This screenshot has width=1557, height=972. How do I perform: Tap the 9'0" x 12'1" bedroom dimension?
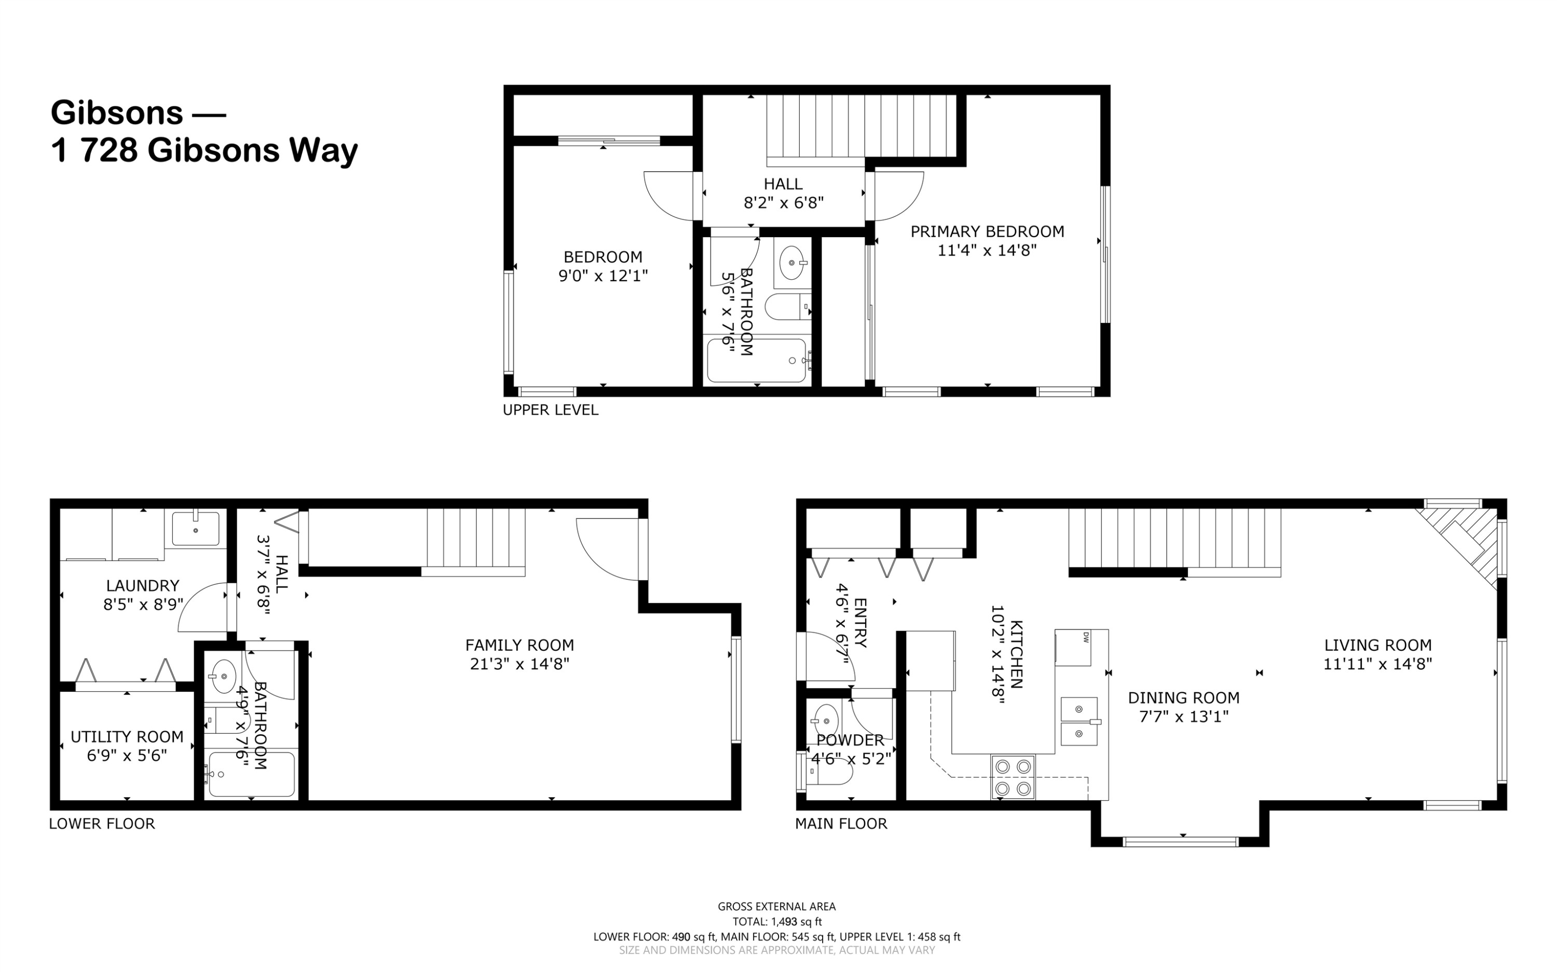[603, 276]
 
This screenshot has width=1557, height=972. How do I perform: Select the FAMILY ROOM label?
[520, 645]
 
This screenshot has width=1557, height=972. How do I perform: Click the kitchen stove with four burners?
[1013, 776]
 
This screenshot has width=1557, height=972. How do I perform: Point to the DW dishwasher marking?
[1086, 637]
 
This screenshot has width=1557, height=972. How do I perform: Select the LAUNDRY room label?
[143, 586]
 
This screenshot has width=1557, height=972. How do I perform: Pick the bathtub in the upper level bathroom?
[757, 361]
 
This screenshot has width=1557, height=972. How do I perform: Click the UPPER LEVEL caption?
[550, 410]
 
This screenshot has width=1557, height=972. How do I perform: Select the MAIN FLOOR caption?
[841, 824]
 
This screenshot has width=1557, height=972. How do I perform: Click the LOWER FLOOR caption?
[102, 824]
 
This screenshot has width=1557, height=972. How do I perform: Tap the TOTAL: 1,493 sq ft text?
[777, 921]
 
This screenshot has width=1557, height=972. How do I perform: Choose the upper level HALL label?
[783, 184]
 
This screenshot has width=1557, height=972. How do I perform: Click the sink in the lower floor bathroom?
[224, 676]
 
